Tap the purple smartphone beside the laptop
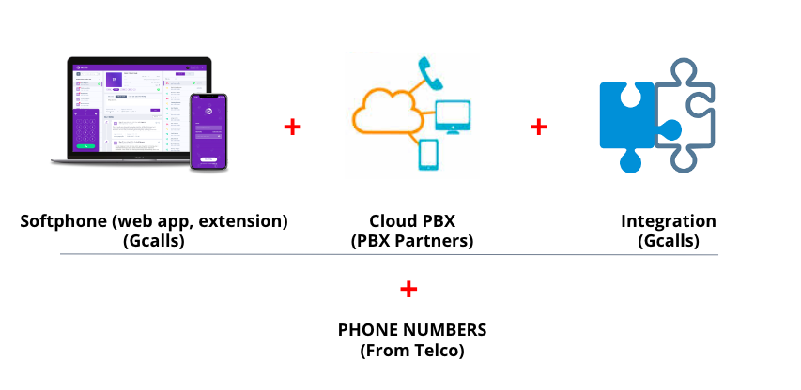pyautogui.click(x=209, y=131)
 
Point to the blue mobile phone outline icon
pyautogui.click(x=427, y=155)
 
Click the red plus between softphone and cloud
pyautogui.click(x=293, y=127)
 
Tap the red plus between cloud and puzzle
pyautogui.click(x=538, y=127)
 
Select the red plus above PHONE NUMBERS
pyautogui.click(x=408, y=289)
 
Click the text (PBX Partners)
pyautogui.click(x=411, y=241)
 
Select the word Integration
pyautogui.click(x=668, y=222)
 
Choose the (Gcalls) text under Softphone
pyautogui.click(x=154, y=241)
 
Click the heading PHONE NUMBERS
pyautogui.click(x=412, y=332)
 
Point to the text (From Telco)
pyautogui.click(x=412, y=351)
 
